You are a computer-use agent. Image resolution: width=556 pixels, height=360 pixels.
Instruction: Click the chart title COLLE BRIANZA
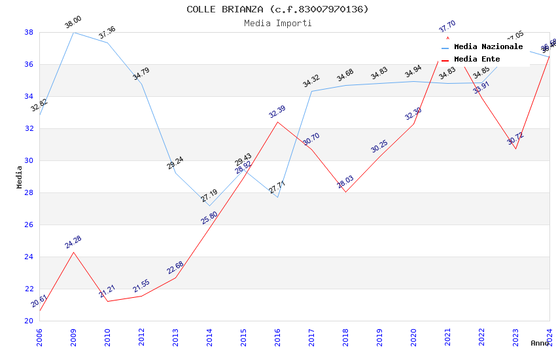click(x=277, y=9)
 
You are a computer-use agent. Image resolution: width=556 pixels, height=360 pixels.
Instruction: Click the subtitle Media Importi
click(x=277, y=23)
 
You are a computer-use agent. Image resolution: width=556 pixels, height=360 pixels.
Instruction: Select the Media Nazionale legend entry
click(x=488, y=47)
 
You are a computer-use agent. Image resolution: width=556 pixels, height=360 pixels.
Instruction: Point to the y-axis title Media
click(x=19, y=177)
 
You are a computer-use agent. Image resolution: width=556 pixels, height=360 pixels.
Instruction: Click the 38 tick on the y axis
click(x=29, y=32)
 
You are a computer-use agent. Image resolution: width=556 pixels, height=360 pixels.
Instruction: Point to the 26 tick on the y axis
click(x=29, y=225)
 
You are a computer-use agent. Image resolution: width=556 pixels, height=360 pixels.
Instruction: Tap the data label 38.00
click(x=73, y=24)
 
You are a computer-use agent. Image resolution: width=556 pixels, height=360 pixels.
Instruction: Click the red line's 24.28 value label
click(x=73, y=242)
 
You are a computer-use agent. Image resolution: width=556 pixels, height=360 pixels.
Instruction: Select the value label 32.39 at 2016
click(x=277, y=112)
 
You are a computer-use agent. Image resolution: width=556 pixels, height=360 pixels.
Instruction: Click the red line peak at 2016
click(x=277, y=122)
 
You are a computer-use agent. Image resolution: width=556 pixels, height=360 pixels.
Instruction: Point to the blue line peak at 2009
click(x=73, y=32)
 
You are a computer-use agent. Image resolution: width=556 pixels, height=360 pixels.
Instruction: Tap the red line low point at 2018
click(x=345, y=192)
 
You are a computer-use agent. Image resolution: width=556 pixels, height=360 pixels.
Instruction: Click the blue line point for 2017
click(x=311, y=91)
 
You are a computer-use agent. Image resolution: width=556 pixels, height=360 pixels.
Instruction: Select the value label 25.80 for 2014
click(x=209, y=218)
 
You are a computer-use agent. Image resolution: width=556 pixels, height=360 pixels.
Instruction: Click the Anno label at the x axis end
click(x=540, y=343)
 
